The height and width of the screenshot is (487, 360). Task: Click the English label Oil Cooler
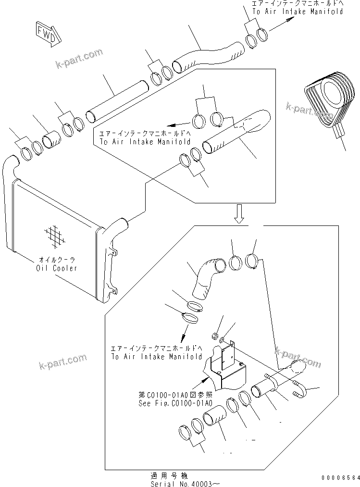tap(56, 268)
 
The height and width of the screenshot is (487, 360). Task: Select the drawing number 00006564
tap(340, 477)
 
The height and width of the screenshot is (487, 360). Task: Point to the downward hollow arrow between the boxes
tap(239, 213)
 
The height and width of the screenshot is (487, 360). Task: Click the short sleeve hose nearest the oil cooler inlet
tap(50, 141)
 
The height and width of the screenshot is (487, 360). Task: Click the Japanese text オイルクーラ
tap(56, 261)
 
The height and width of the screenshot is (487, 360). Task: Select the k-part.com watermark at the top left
tap(79, 58)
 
